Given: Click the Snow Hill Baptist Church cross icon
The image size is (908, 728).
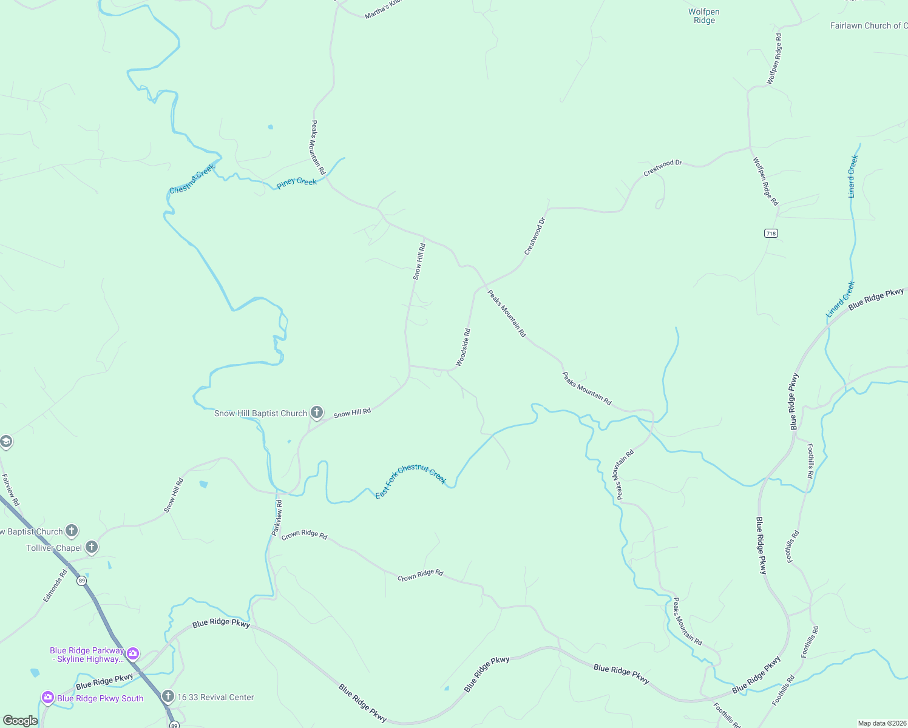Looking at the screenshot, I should tap(316, 413).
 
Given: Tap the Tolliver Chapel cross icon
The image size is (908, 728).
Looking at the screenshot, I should tap(92, 548).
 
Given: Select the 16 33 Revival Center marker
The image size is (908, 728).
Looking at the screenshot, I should tap(168, 696).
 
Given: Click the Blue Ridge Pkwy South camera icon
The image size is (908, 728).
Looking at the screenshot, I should tap(48, 698).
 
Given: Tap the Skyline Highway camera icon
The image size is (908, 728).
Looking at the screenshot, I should tap(133, 654).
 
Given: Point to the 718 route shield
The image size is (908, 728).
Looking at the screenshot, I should tap(771, 233).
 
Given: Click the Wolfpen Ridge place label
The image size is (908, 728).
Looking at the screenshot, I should tap(704, 16).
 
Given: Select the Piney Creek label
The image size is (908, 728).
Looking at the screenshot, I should tap(297, 182).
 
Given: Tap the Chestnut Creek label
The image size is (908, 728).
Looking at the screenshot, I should tap(192, 180).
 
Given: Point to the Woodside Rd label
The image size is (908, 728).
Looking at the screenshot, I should tap(463, 348).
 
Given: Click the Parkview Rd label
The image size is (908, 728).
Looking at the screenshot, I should tap(277, 517).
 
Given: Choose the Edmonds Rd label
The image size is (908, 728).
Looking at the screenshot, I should tap(55, 585).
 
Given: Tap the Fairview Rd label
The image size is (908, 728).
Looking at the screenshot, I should tap(10, 490).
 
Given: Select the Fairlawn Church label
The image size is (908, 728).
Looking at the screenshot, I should tap(868, 25).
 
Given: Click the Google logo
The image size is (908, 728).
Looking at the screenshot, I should tap(20, 721).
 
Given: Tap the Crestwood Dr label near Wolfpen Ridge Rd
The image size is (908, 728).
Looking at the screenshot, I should tap(663, 167).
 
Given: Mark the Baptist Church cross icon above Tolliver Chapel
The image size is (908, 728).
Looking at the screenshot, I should tap(72, 531).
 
